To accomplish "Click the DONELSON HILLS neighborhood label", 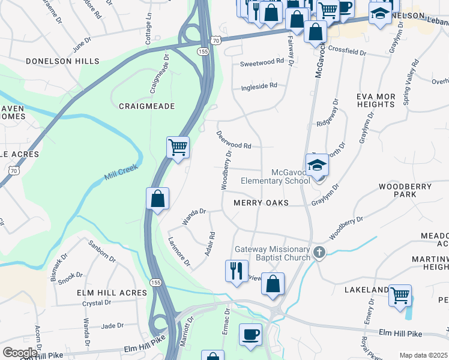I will point(62,61).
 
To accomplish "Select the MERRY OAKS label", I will point(262,203).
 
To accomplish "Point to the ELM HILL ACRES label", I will point(112,293).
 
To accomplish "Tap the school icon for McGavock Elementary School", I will point(317,164).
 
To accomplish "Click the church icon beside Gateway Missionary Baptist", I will point(319,253).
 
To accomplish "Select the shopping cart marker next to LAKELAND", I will point(400,295).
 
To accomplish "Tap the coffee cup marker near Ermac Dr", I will point(250,334).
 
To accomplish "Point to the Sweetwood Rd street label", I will point(261,62).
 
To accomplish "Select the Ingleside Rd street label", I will point(259,85).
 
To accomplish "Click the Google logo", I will point(20,352).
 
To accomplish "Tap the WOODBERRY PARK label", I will point(405,191).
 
